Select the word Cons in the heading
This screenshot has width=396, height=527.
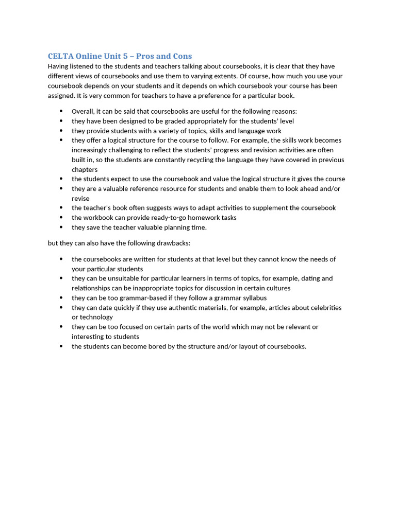tap(181, 56)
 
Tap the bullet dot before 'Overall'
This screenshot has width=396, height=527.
tap(61, 111)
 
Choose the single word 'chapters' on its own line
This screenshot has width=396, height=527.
tap(85, 169)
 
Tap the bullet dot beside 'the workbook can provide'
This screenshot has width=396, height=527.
tap(61, 218)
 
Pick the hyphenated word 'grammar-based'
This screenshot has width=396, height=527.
tap(144, 298)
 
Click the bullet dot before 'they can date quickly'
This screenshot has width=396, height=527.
tap(61, 308)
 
